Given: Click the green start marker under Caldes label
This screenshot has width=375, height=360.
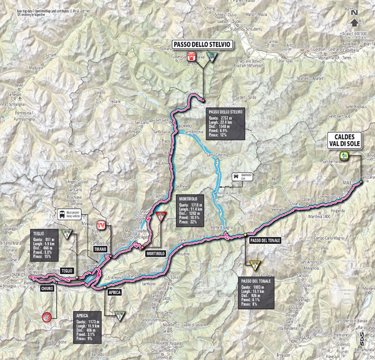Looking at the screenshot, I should tap(343, 155).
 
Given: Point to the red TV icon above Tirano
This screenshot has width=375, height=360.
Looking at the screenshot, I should tap(102, 224).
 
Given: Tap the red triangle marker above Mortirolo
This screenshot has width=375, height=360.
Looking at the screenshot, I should tap(160, 215).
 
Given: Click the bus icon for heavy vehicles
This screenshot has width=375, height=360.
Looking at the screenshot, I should tap(62, 214).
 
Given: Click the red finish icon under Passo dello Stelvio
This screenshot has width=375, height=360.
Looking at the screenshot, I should tap(192, 56).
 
